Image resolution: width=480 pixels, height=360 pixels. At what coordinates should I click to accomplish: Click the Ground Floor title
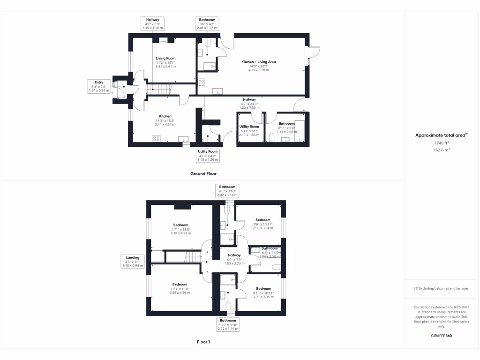(x=203, y=173)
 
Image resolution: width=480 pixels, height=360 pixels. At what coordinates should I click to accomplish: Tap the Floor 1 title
(x=203, y=342)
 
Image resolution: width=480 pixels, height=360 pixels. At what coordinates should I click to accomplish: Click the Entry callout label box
(x=98, y=86)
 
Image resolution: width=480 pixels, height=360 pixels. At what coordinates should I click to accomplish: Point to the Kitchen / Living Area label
(x=258, y=62)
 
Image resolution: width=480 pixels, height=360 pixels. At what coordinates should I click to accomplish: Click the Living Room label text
(x=165, y=59)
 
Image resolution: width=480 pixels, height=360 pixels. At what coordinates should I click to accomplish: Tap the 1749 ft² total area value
(x=441, y=143)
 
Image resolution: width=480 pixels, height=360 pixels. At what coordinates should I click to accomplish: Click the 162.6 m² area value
(x=441, y=150)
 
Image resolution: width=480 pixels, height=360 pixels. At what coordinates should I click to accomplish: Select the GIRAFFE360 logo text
(x=441, y=336)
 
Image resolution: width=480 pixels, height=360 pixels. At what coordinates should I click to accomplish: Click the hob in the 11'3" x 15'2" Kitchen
(x=157, y=138)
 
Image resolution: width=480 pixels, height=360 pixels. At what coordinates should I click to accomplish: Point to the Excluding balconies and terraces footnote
(x=441, y=288)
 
